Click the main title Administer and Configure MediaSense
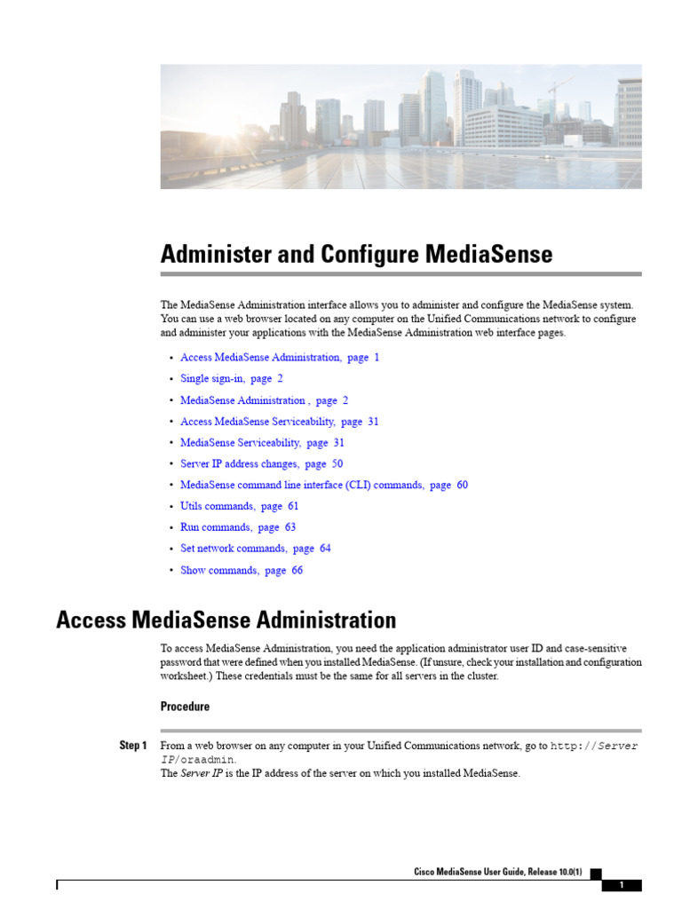point(356,255)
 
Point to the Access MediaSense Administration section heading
point(226,619)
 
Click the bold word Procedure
point(185,707)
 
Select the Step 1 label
point(133,746)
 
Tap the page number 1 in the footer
point(622,885)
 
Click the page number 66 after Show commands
point(297,570)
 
